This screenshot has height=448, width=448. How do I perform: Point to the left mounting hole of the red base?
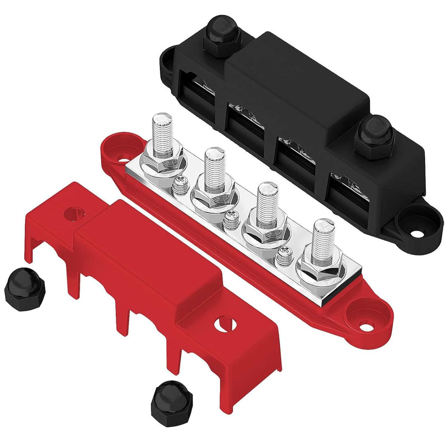122,156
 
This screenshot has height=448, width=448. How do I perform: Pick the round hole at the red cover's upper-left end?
73,214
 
